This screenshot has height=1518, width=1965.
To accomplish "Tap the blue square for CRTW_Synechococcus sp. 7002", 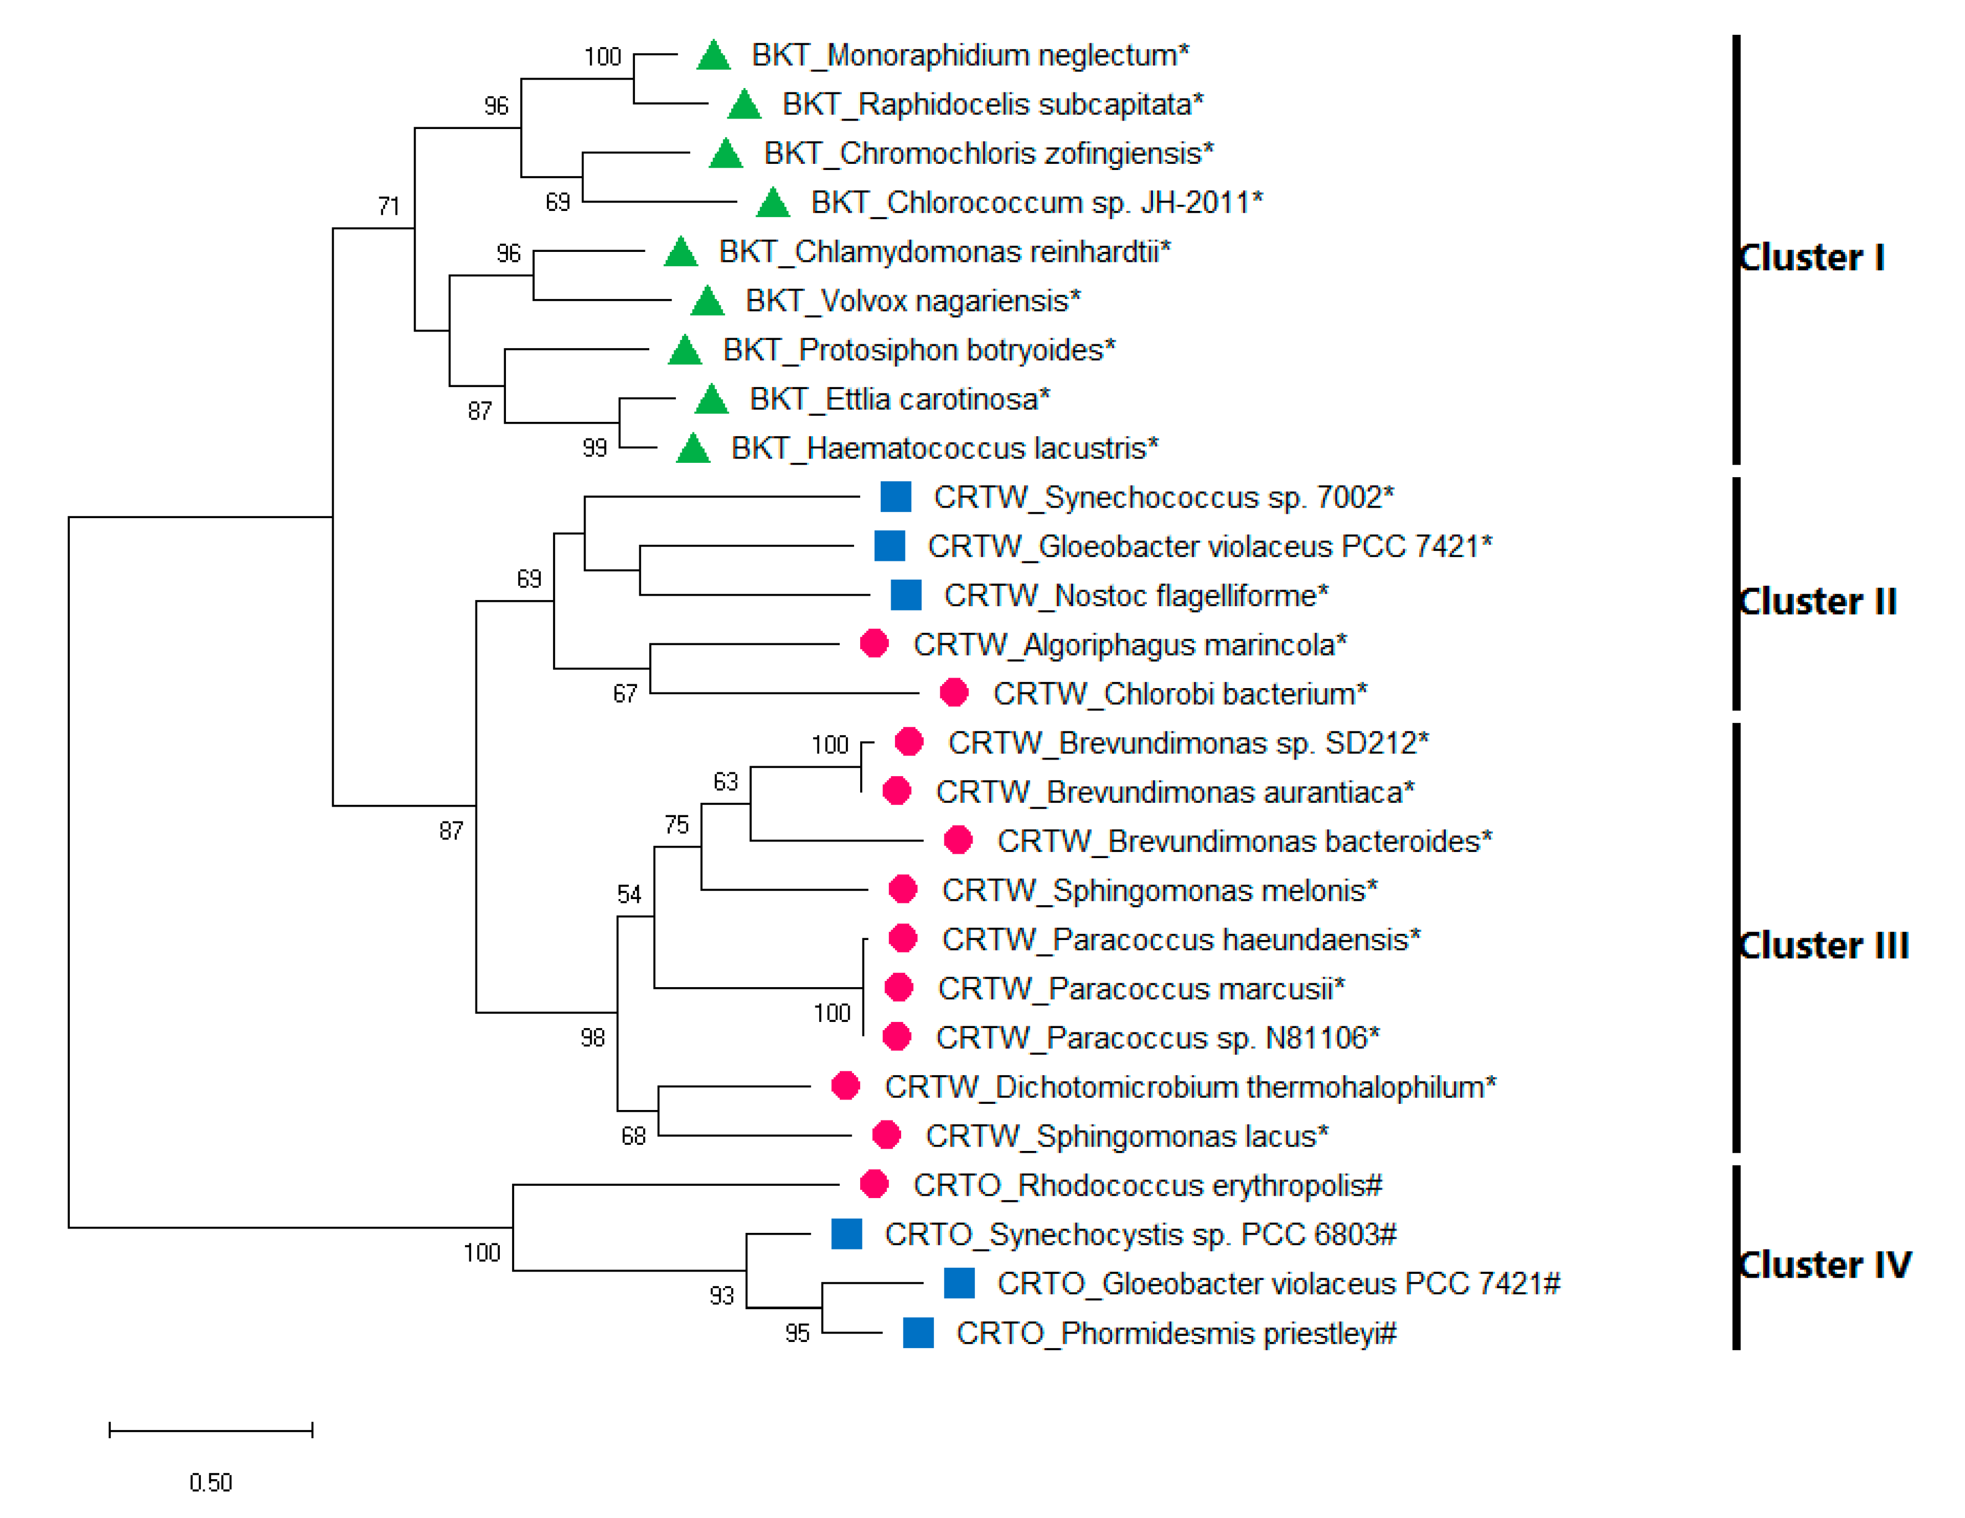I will pos(895,497).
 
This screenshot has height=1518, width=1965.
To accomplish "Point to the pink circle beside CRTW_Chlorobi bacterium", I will pos(954,693).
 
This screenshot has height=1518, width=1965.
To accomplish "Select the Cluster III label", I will pos(1823,946).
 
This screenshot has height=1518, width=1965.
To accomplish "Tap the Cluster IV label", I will pos(1824,1265).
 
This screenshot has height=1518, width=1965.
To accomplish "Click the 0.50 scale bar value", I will pos(210,1482).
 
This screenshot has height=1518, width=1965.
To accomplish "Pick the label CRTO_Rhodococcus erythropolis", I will pos(1147,1185).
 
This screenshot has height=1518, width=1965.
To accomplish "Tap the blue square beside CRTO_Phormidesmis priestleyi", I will pos(918,1333).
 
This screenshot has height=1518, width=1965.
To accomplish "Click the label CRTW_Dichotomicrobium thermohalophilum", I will pos(1190,1087).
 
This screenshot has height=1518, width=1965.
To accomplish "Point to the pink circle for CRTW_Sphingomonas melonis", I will pos(902,889).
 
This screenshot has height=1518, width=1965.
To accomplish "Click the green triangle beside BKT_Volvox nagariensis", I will pos(707,301).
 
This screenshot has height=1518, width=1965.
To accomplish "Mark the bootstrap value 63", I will pos(725,782).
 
